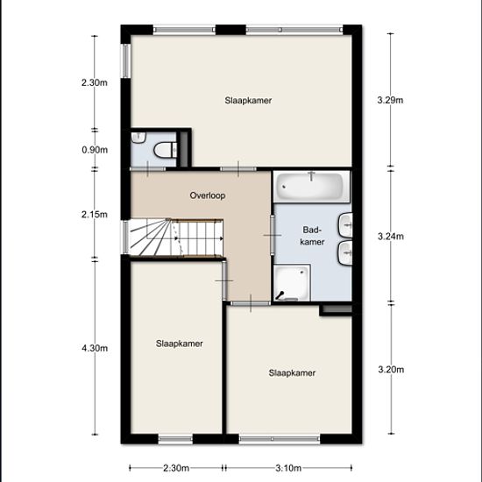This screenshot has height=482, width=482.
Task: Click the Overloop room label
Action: pos(208,195)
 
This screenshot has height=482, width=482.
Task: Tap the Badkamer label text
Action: pos(312,236)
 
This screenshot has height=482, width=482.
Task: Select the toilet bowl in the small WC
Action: pos(166,150)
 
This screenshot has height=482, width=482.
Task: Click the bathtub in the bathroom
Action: pos(311,187)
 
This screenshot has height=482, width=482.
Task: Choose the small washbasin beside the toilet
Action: pos(138,138)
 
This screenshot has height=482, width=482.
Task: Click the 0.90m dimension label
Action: pos(95,150)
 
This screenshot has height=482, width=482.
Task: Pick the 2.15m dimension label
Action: pos(95,214)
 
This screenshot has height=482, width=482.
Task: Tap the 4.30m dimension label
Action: pos(95,348)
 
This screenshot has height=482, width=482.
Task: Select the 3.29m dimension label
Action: pos(390,100)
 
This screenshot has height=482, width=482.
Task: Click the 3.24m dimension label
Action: pos(390,237)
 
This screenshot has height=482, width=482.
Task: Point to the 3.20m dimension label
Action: pos(391,369)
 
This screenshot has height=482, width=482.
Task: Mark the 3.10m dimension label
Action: pos(288,468)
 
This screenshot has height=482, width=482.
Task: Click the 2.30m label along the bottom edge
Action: pos(176,468)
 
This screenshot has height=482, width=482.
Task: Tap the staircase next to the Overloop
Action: pos(176,237)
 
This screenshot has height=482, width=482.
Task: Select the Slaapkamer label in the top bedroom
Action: pos(248,101)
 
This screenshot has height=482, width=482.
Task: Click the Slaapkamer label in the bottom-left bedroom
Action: pos(179,344)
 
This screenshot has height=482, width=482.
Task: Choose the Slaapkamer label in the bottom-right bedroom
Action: pos(292,372)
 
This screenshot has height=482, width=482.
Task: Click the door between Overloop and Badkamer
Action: pos(273,235)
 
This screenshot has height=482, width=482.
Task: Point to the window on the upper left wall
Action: pos(126,60)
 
